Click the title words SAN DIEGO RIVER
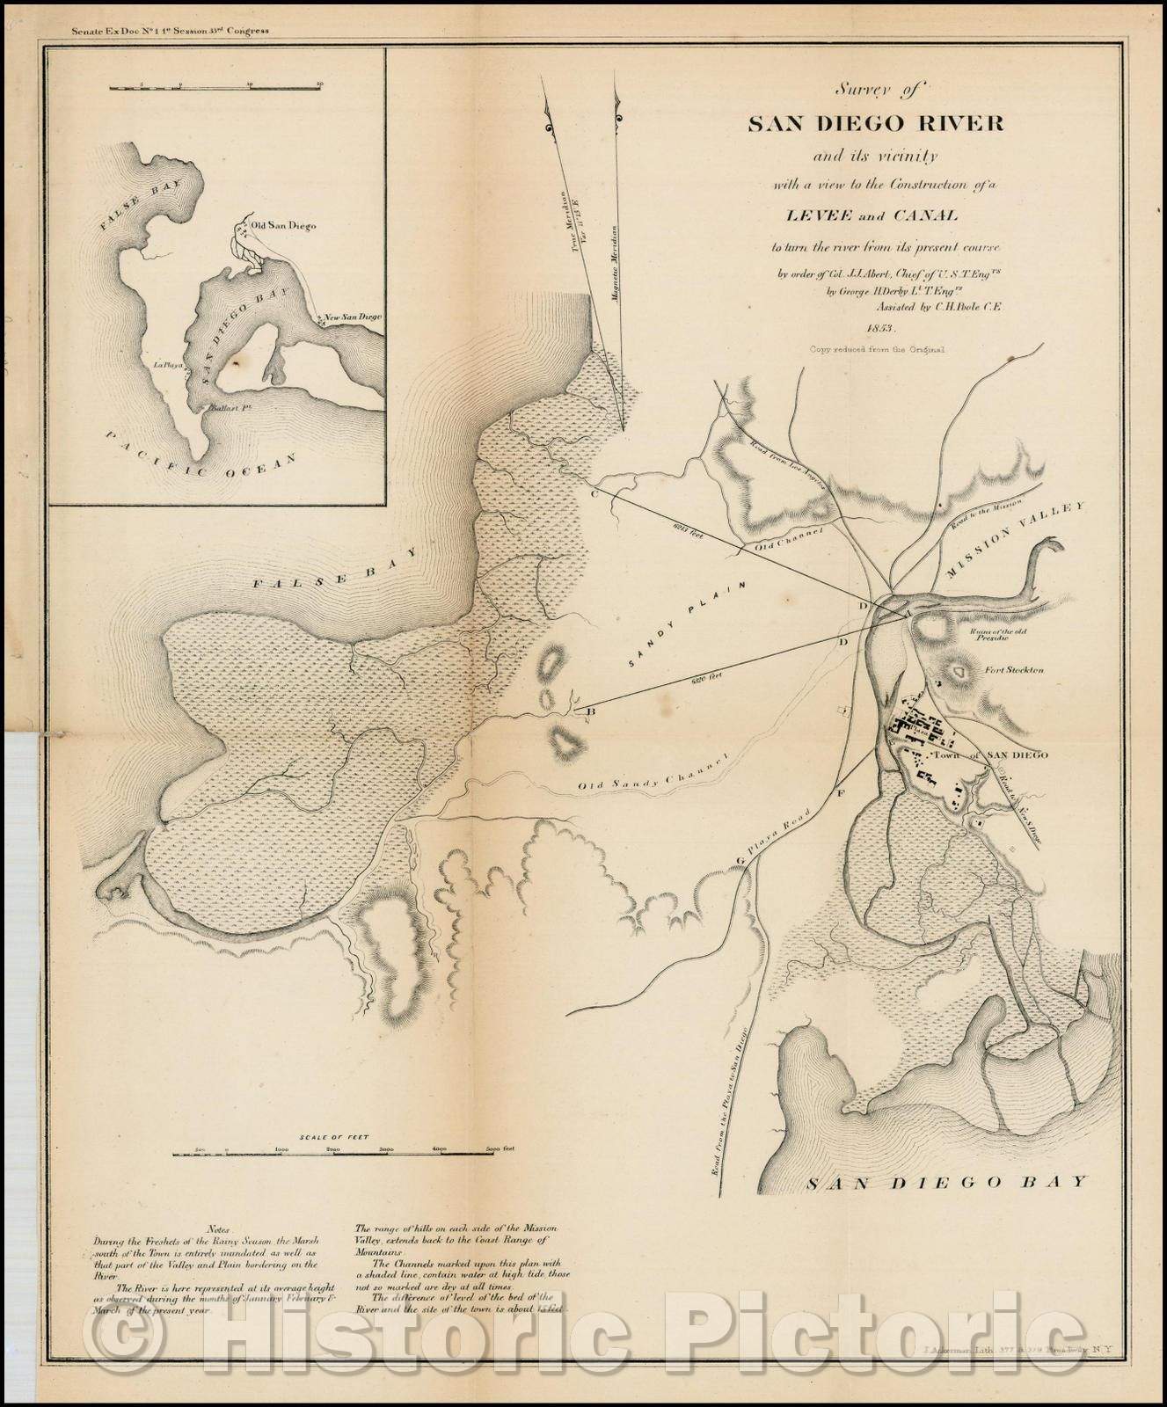click(x=875, y=123)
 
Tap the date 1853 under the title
click(x=879, y=328)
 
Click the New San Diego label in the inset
click(x=351, y=317)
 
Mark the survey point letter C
click(x=594, y=493)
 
